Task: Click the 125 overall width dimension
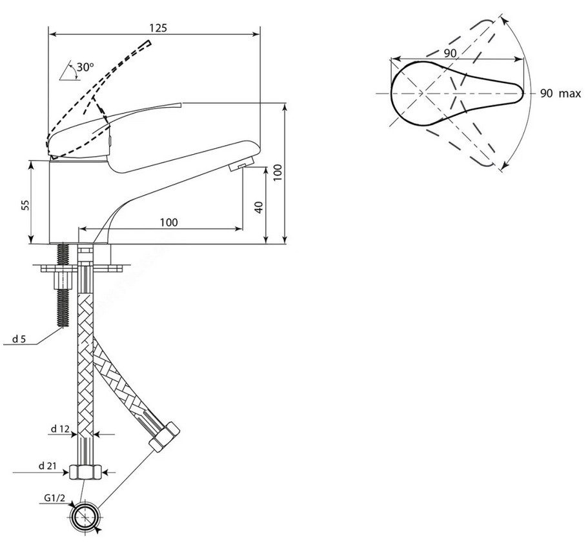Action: click(x=158, y=28)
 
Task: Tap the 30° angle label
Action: click(x=85, y=67)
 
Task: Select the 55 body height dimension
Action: click(x=25, y=204)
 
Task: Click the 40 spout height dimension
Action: click(x=259, y=207)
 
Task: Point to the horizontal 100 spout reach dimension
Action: click(x=168, y=222)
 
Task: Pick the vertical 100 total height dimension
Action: click(x=277, y=172)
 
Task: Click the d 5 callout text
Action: click(x=19, y=339)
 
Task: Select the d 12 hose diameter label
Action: click(x=61, y=429)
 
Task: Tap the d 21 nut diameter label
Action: click(x=48, y=466)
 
